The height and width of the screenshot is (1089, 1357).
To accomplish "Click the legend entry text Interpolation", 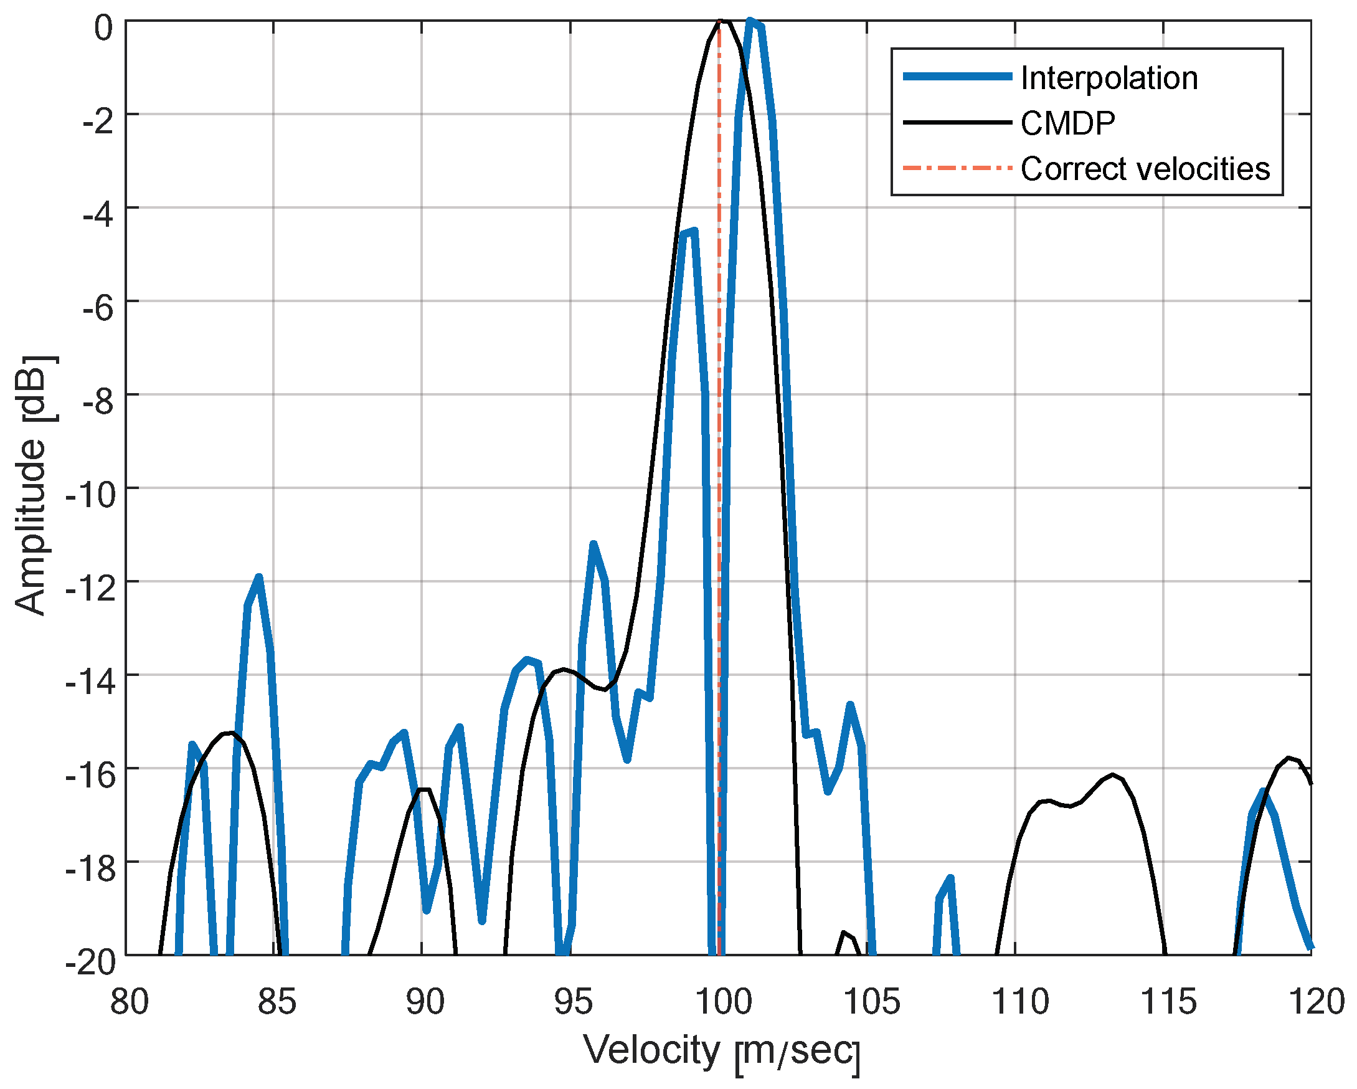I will (x=1109, y=78).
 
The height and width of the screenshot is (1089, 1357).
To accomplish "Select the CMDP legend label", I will (x=1067, y=123).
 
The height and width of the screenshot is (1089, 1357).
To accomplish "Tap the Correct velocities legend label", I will (x=1145, y=169).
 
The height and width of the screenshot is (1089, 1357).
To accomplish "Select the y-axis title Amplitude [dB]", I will (x=32, y=485).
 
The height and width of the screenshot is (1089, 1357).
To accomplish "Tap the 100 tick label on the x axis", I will (x=722, y=1002).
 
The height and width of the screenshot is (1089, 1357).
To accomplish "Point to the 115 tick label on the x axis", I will (x=1168, y=1002).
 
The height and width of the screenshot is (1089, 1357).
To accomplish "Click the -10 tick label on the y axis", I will (x=91, y=495).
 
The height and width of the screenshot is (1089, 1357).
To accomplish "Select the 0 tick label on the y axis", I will (x=103, y=28).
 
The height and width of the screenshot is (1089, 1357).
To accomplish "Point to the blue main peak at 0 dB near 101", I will (x=750, y=21).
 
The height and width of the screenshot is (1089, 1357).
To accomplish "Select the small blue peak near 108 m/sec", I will (x=950, y=878).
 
